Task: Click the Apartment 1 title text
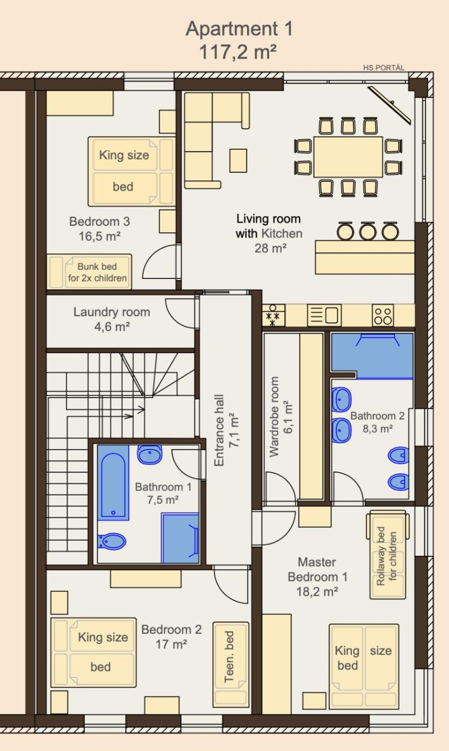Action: (239, 28)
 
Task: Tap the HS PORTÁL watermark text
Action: (383, 68)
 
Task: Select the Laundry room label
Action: (112, 312)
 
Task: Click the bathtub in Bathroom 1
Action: (113, 483)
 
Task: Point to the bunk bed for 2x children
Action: (89, 272)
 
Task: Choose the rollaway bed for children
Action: (388, 555)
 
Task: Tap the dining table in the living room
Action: (348, 157)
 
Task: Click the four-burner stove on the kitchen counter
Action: (383, 315)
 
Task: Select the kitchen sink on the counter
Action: (324, 315)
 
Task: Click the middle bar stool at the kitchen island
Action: (368, 231)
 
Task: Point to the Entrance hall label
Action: (226, 430)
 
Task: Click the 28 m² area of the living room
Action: (271, 248)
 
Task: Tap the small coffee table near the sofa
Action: (238, 160)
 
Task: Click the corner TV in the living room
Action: (389, 105)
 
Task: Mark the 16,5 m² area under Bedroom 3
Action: (100, 237)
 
